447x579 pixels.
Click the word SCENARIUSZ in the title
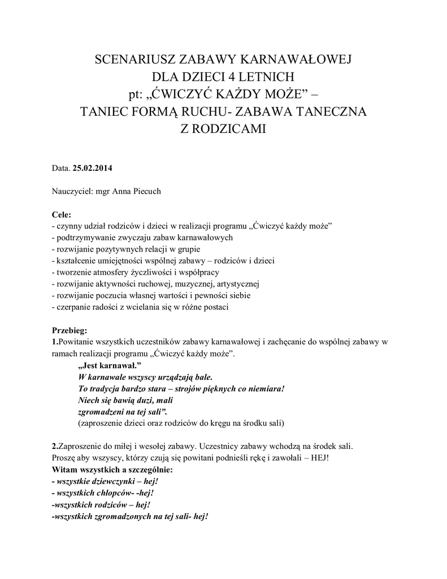click(x=133, y=59)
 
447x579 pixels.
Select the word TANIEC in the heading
click(x=105, y=111)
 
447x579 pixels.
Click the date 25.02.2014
click(x=93, y=168)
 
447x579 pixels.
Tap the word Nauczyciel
click(x=72, y=191)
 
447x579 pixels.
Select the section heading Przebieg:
click(x=70, y=330)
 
